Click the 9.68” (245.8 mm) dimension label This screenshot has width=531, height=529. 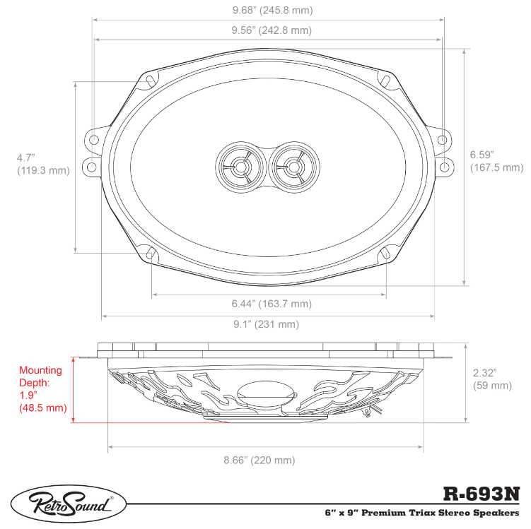pyautogui.click(x=273, y=10)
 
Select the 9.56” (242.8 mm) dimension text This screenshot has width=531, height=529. pyautogui.click(x=272, y=30)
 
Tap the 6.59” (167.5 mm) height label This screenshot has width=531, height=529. pyautogui.click(x=496, y=161)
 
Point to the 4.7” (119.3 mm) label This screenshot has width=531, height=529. pyautogui.click(x=43, y=164)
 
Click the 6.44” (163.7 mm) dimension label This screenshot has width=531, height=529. pyautogui.click(x=272, y=304)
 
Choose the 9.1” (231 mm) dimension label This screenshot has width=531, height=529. pyautogui.click(x=266, y=324)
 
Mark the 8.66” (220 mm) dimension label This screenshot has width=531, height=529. pyautogui.click(x=259, y=460)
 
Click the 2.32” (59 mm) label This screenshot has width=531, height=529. pyautogui.click(x=492, y=379)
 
